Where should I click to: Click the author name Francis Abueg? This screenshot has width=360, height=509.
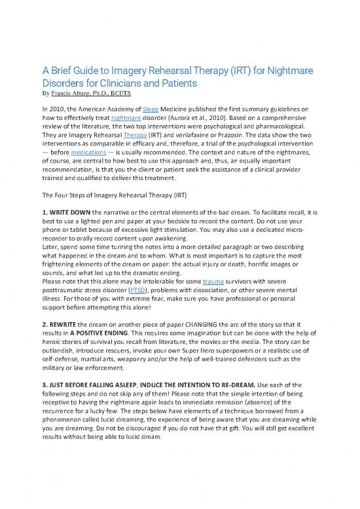(77, 93)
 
